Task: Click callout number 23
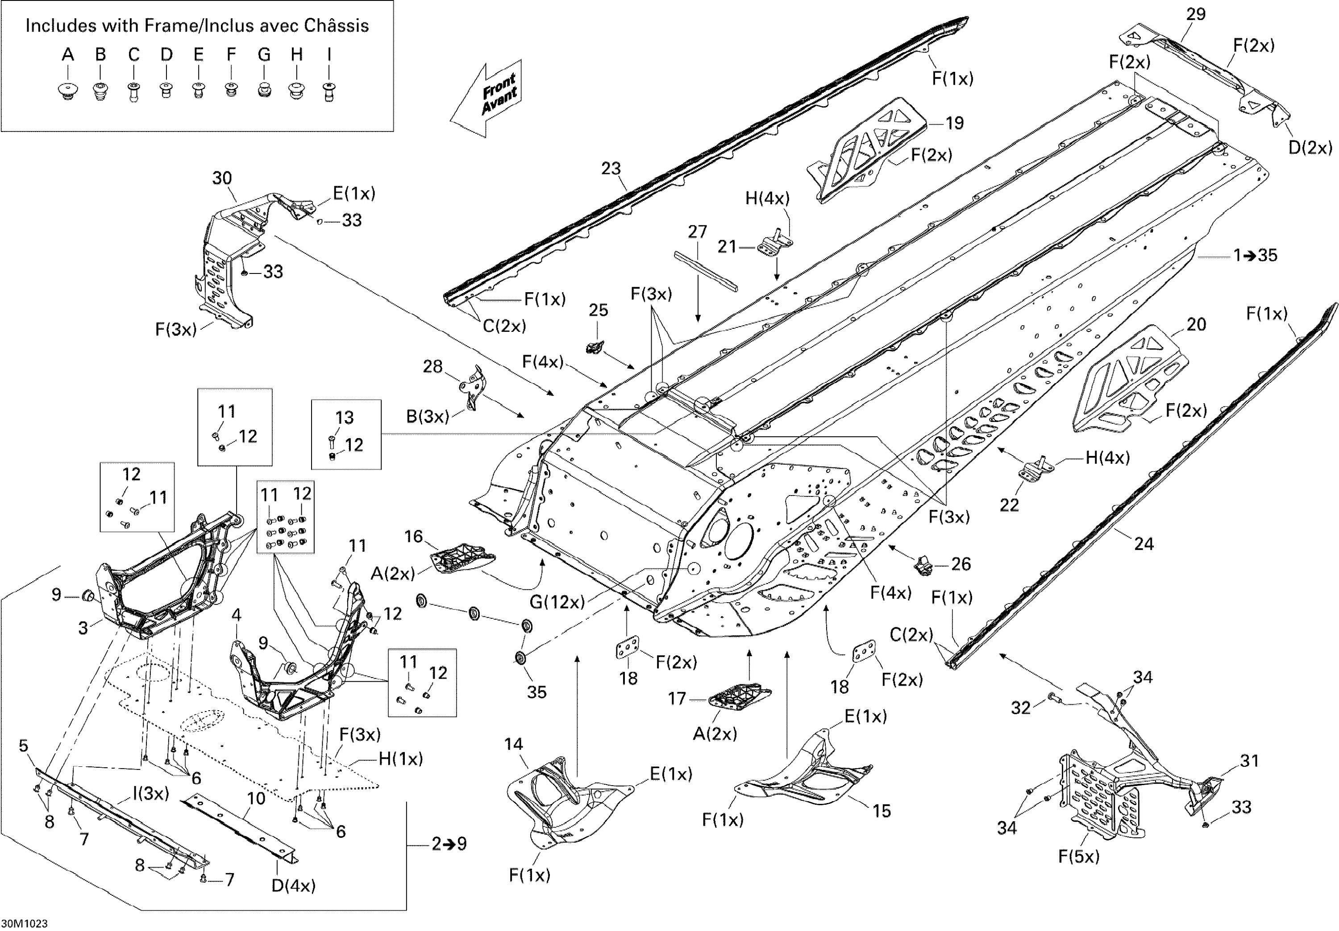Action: point(611,169)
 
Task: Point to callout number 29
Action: point(1196,14)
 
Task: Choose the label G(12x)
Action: point(557,602)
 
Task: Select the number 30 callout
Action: point(222,178)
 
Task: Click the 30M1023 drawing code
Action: point(25,923)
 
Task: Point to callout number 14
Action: point(513,744)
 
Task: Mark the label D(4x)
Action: point(293,885)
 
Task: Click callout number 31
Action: point(1249,760)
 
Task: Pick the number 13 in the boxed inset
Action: point(344,418)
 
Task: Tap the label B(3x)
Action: point(428,417)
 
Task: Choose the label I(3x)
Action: point(150,794)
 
